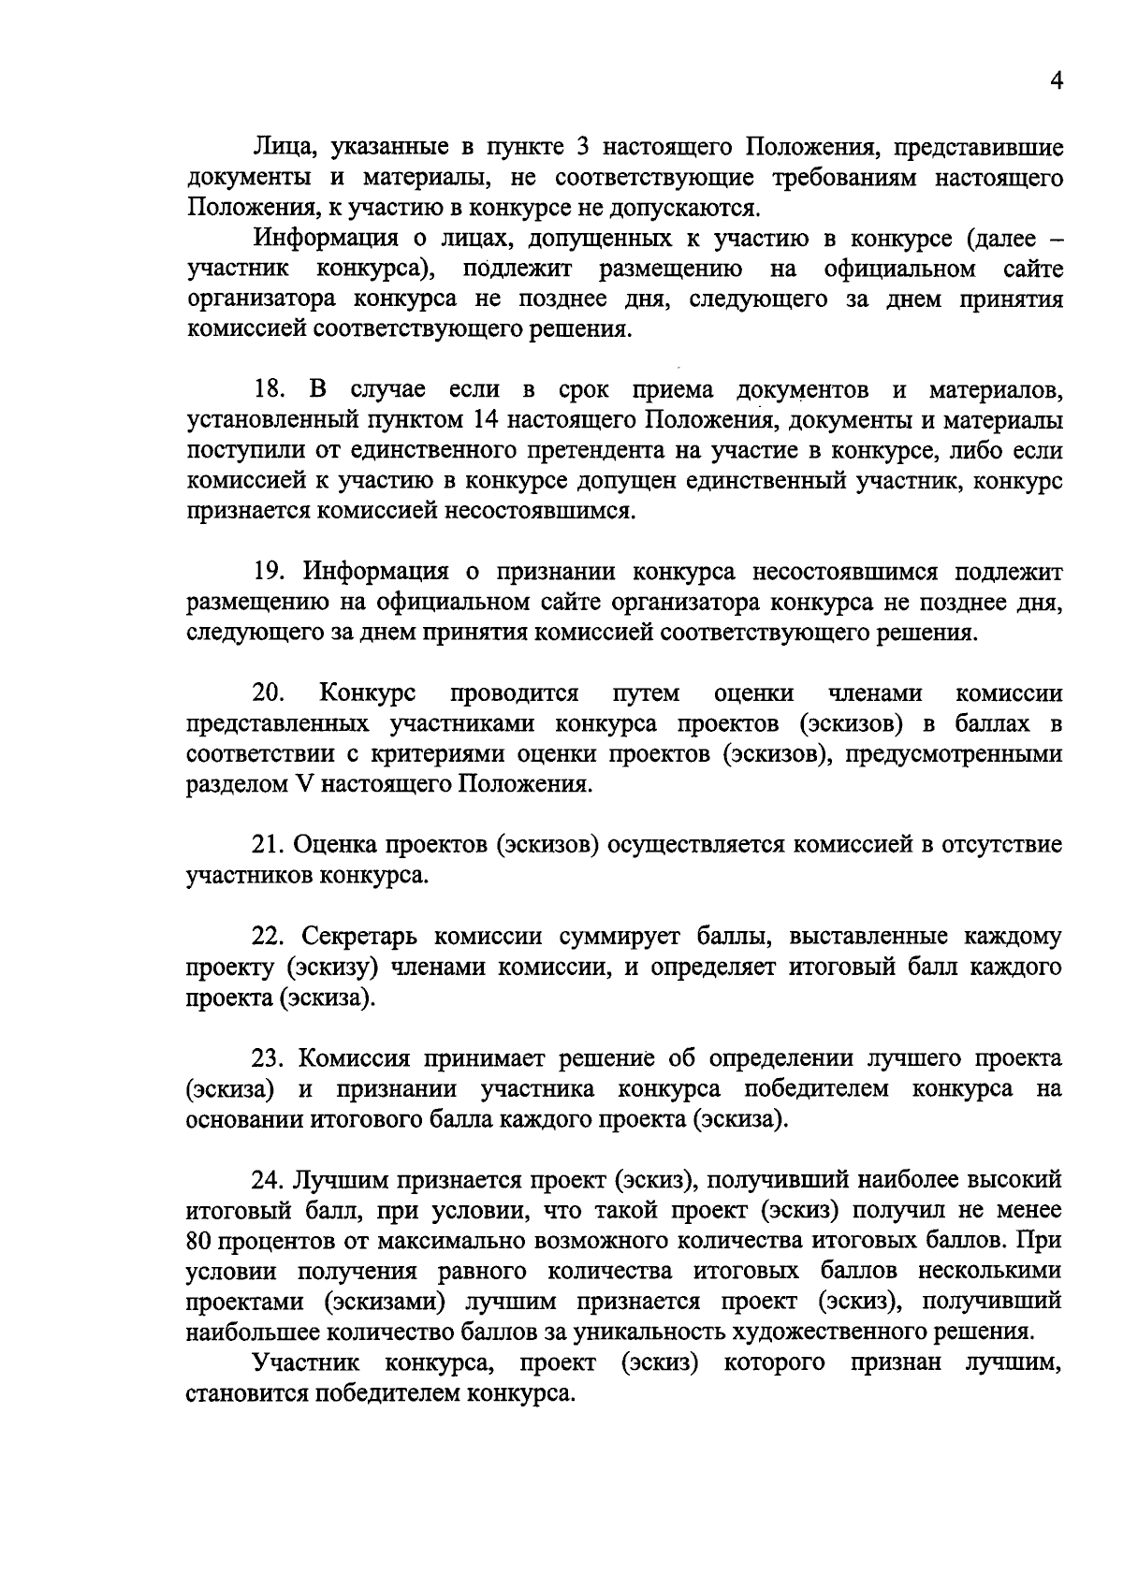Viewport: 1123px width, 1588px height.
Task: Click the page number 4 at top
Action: tap(1056, 81)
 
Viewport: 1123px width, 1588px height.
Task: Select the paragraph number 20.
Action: tap(269, 693)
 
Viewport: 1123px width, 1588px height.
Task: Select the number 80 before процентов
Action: tap(200, 1241)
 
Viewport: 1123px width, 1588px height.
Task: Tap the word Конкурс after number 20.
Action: tap(368, 693)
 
